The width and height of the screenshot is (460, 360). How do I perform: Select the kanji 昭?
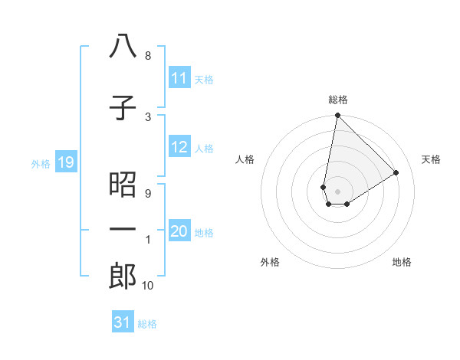point(123,184)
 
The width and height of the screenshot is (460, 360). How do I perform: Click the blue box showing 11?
point(179,78)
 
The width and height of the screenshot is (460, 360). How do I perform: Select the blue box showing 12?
point(179,148)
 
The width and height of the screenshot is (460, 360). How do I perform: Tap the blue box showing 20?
point(179,232)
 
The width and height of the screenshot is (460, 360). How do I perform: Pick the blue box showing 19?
point(66,162)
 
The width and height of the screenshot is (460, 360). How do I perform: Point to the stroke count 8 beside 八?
point(148,56)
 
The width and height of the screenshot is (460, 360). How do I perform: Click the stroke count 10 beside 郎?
point(148,286)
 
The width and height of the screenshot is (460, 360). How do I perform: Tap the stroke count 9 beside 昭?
point(148,193)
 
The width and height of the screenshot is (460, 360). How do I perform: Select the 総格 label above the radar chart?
point(338,100)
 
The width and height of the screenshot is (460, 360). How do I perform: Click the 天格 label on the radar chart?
point(431,159)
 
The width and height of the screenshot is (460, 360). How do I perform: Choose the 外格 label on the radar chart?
point(270,262)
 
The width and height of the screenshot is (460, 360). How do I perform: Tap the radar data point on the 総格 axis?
point(337,116)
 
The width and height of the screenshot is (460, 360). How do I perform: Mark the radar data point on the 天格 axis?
point(396,172)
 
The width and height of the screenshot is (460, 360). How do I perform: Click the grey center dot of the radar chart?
point(337,190)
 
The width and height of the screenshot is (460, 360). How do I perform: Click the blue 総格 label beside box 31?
point(147,323)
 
